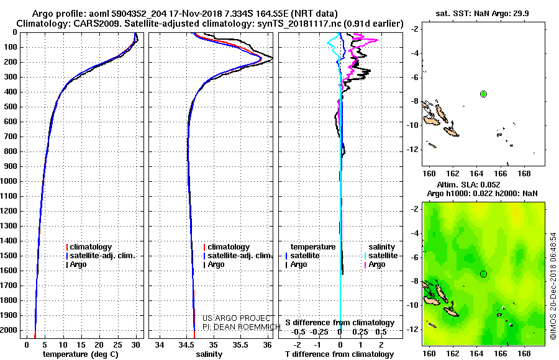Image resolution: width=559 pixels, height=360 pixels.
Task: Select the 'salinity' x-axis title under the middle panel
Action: click(208, 354)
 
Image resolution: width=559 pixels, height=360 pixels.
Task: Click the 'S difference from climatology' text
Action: click(340, 323)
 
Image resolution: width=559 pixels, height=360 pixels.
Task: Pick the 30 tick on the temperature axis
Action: click(136, 344)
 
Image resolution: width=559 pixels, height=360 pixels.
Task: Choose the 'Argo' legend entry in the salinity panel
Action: click(216, 264)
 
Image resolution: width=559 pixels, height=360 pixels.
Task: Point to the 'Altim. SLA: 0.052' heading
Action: click(477, 185)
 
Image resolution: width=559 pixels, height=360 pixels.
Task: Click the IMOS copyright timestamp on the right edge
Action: click(553, 286)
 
